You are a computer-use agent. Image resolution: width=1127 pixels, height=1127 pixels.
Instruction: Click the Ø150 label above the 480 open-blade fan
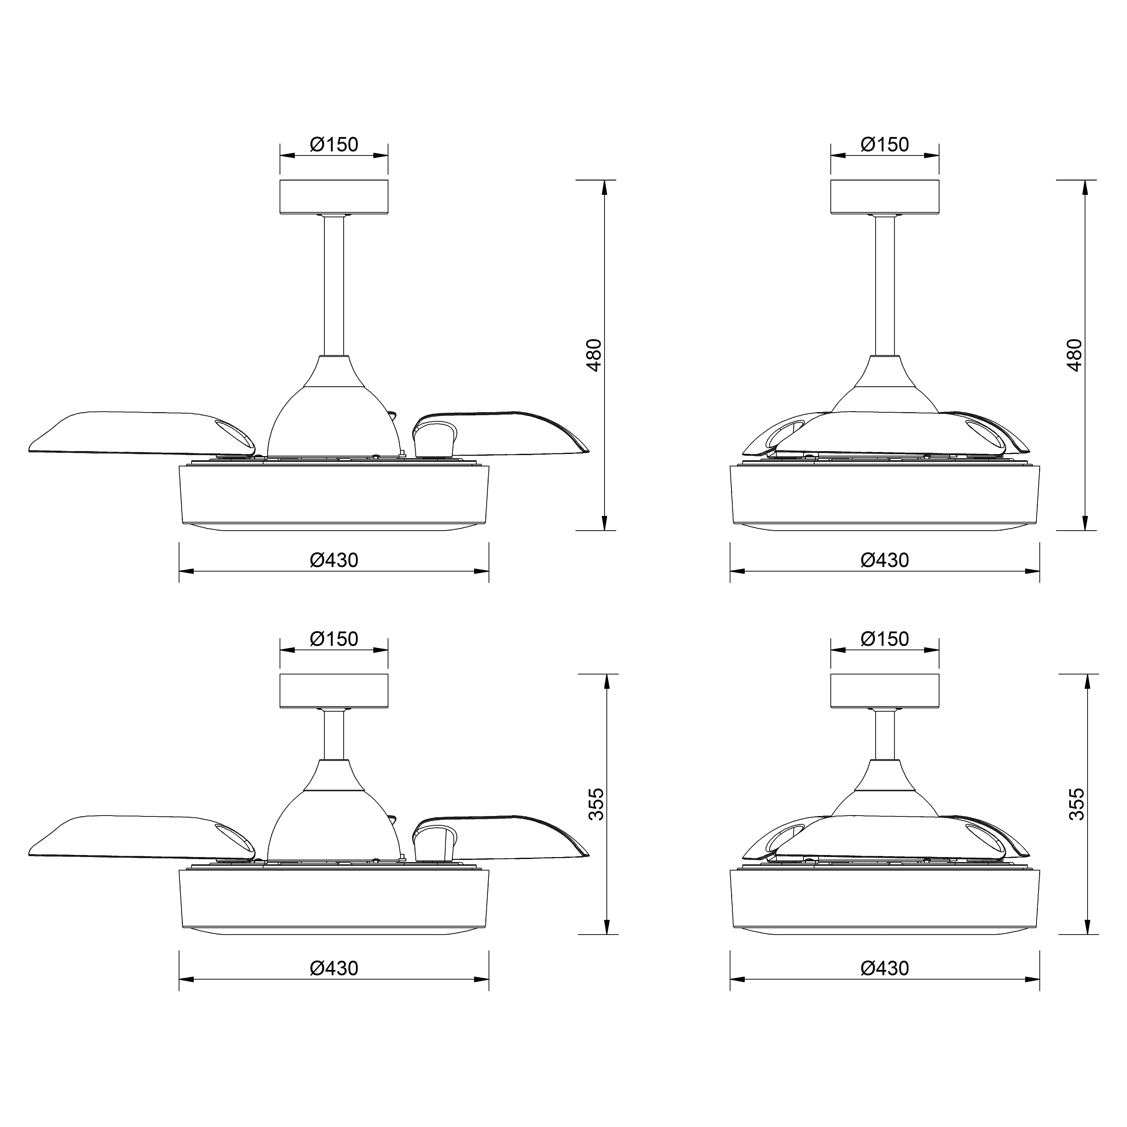(334, 144)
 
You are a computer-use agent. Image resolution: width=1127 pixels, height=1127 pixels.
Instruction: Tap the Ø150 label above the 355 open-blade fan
(334, 639)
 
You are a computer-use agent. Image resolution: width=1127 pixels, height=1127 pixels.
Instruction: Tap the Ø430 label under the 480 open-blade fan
(334, 560)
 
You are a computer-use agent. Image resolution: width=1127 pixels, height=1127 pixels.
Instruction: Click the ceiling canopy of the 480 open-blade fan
(334, 197)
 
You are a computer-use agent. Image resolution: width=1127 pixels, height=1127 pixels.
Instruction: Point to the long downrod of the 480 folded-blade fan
(885, 286)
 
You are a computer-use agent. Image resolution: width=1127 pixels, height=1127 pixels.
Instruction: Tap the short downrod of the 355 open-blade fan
(334, 734)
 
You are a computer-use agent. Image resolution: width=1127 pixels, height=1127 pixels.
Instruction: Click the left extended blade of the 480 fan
(134, 433)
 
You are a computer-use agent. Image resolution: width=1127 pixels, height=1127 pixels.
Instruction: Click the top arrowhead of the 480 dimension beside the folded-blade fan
(1085, 187)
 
